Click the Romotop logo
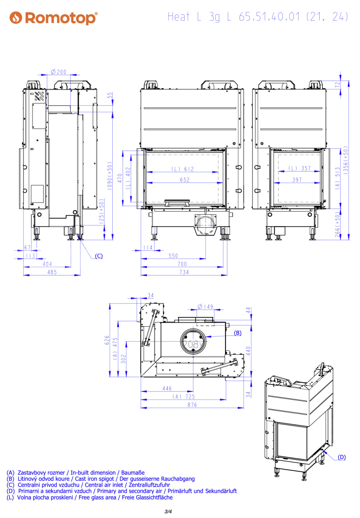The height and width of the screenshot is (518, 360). click(53, 18)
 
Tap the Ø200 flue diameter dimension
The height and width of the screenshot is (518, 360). click(59, 72)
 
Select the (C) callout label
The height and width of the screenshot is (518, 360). click(99, 256)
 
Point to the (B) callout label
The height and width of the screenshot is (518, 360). click(238, 333)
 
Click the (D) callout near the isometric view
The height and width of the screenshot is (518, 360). click(342, 457)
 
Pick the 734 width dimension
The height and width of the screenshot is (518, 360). click(184, 272)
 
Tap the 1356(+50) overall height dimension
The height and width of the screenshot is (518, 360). click(346, 160)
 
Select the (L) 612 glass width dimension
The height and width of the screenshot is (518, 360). click(182, 169)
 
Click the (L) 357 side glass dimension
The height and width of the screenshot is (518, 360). click(300, 168)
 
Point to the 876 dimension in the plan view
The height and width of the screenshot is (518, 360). click(192, 405)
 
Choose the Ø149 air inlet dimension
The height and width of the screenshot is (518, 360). click(205, 306)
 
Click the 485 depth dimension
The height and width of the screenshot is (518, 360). click(52, 272)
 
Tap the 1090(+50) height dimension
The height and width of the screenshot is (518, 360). click(110, 176)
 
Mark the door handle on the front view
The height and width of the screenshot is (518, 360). click(177, 203)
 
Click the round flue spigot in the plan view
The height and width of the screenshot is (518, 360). click(193, 341)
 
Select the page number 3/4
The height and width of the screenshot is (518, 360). click(168, 511)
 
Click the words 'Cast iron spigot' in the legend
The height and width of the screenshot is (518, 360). click(94, 478)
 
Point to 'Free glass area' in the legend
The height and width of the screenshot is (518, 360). click(98, 497)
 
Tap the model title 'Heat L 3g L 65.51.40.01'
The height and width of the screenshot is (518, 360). click(234, 17)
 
